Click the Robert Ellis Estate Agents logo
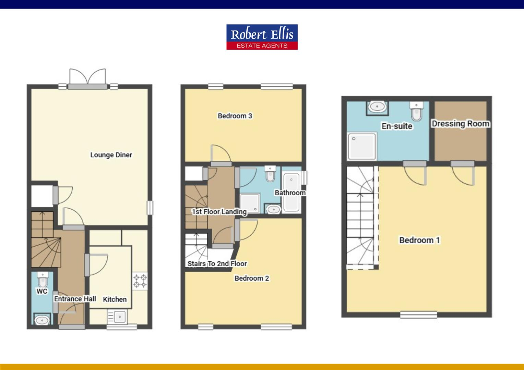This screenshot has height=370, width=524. click(x=262, y=37)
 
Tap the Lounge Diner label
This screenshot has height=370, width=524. click(x=111, y=155)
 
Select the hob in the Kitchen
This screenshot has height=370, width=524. click(x=140, y=281)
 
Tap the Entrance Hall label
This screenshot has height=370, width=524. click(x=75, y=299)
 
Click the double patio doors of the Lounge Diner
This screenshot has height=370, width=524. click(x=88, y=77)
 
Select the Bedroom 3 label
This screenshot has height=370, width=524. click(x=235, y=116)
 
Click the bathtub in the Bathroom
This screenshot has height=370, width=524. click(x=291, y=192)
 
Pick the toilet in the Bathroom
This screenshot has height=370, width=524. click(x=271, y=174)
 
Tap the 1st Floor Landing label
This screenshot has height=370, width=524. click(x=219, y=212)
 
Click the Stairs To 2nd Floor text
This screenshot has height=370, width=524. click(x=217, y=263)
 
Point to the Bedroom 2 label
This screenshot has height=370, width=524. click(x=252, y=278)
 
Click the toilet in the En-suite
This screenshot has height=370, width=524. click(x=416, y=111)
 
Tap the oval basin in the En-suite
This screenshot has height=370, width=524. click(x=377, y=107)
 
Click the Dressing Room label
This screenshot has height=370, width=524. click(x=460, y=123)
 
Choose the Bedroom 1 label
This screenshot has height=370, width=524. click(x=419, y=240)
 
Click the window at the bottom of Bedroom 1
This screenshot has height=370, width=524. click(x=419, y=314)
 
